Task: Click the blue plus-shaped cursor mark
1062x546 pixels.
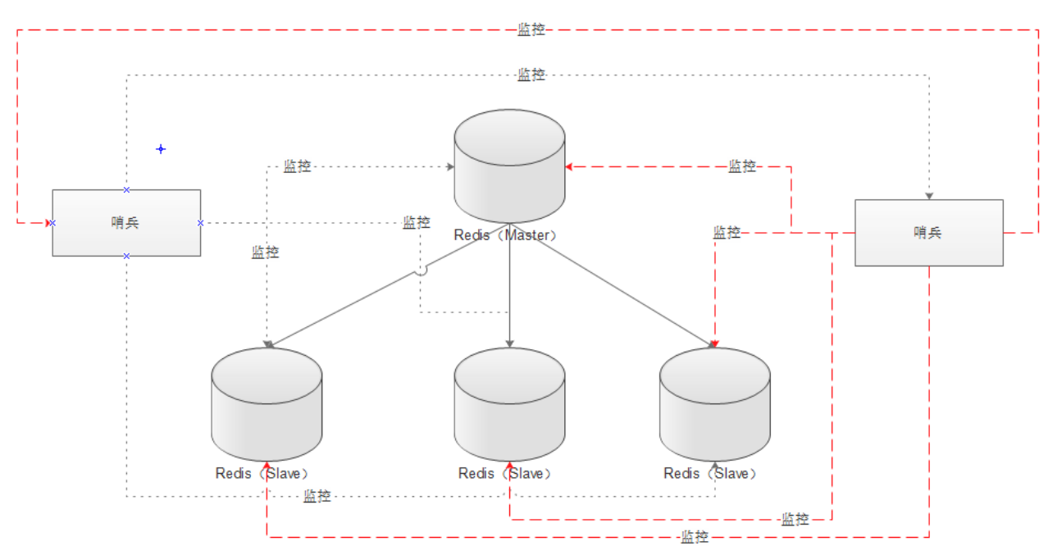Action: [x=161, y=149]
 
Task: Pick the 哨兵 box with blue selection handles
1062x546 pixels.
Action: [x=126, y=222]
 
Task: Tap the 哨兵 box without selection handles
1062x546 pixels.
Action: [x=928, y=233]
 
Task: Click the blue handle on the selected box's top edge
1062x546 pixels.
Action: [x=126, y=189]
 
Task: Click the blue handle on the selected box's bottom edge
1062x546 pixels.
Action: [x=126, y=256]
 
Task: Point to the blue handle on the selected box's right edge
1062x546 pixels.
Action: [x=200, y=222]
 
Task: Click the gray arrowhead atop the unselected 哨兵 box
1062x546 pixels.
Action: [x=929, y=196]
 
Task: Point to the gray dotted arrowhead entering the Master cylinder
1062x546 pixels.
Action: [x=449, y=166]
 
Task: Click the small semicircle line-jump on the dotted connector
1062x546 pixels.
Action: [x=422, y=270]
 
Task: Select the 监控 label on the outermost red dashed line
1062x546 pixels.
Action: [x=531, y=30]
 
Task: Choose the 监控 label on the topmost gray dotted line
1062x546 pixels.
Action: [x=531, y=75]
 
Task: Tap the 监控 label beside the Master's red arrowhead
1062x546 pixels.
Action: [x=742, y=166]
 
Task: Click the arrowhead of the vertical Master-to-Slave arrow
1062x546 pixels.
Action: [x=509, y=343]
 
